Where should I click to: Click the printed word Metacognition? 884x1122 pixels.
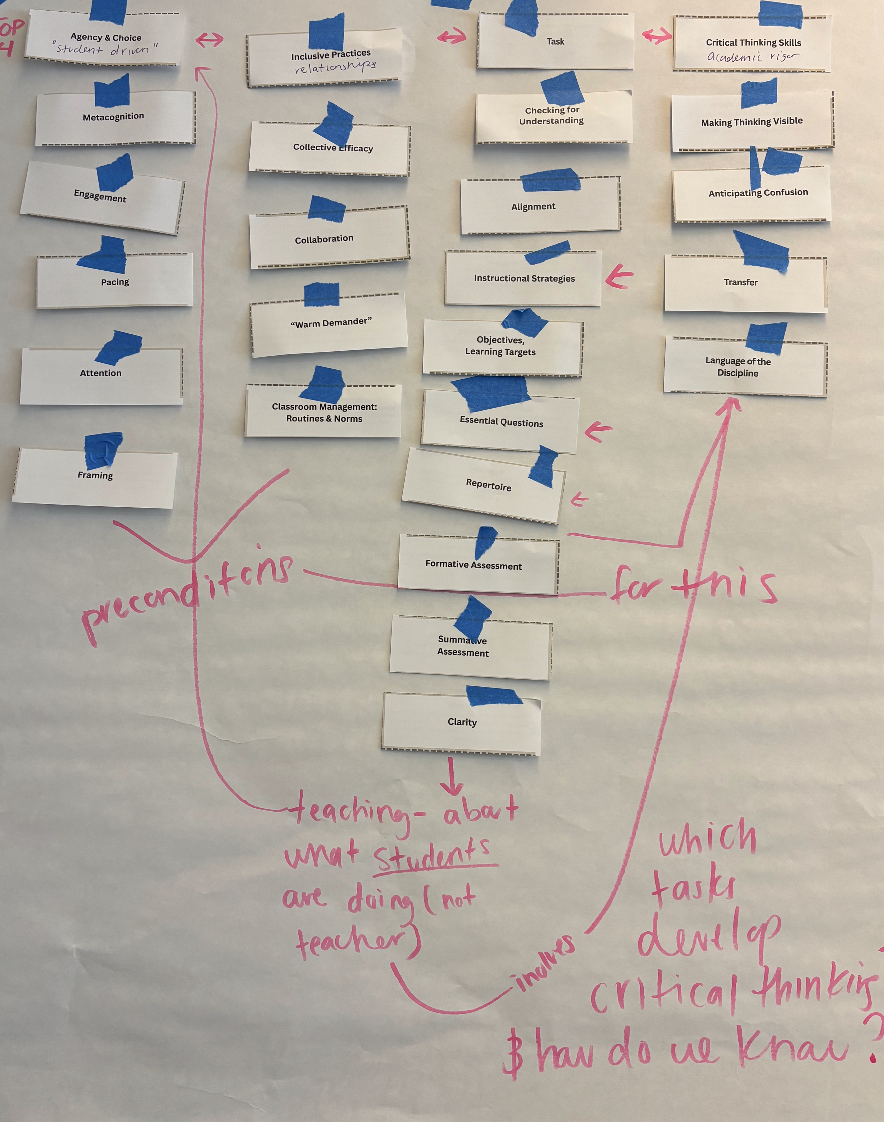114,117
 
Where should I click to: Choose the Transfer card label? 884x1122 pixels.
741,282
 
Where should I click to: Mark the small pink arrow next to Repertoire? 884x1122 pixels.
580,499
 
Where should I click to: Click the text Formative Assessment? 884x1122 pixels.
473,565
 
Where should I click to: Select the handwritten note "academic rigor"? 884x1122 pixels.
753,57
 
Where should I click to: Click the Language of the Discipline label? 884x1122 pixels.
738,367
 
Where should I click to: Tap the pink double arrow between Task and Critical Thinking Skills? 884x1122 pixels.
657,35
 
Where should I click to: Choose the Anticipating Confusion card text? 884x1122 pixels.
758,192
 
